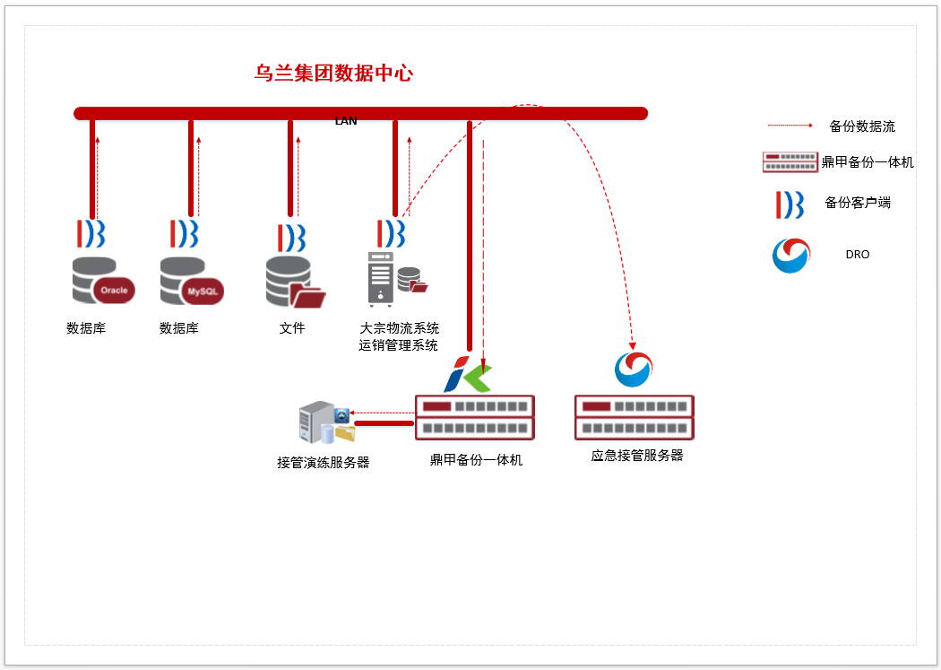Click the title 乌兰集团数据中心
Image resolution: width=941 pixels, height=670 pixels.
333,74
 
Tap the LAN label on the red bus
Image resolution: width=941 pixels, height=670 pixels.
346,120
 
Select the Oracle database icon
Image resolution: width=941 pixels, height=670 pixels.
102,281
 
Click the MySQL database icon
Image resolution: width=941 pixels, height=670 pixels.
191,281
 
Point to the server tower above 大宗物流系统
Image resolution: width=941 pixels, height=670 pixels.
380,279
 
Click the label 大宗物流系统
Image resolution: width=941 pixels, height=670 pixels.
399,328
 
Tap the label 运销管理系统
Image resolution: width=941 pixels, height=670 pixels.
399,345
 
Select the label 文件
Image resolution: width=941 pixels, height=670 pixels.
292,328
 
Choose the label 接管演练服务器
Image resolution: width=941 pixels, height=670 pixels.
324,463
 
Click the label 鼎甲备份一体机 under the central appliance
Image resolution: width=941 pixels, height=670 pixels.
476,460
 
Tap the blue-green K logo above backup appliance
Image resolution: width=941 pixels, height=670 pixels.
468,375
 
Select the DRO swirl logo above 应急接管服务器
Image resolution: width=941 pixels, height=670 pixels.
634,369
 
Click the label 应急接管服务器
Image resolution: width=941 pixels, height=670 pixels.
637,455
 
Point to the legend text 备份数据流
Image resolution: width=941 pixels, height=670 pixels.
862,126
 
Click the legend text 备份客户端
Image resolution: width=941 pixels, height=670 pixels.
858,203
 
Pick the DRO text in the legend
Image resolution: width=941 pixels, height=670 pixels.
857,255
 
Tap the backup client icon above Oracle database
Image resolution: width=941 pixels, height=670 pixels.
91,232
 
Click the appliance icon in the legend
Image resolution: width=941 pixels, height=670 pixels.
790,162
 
